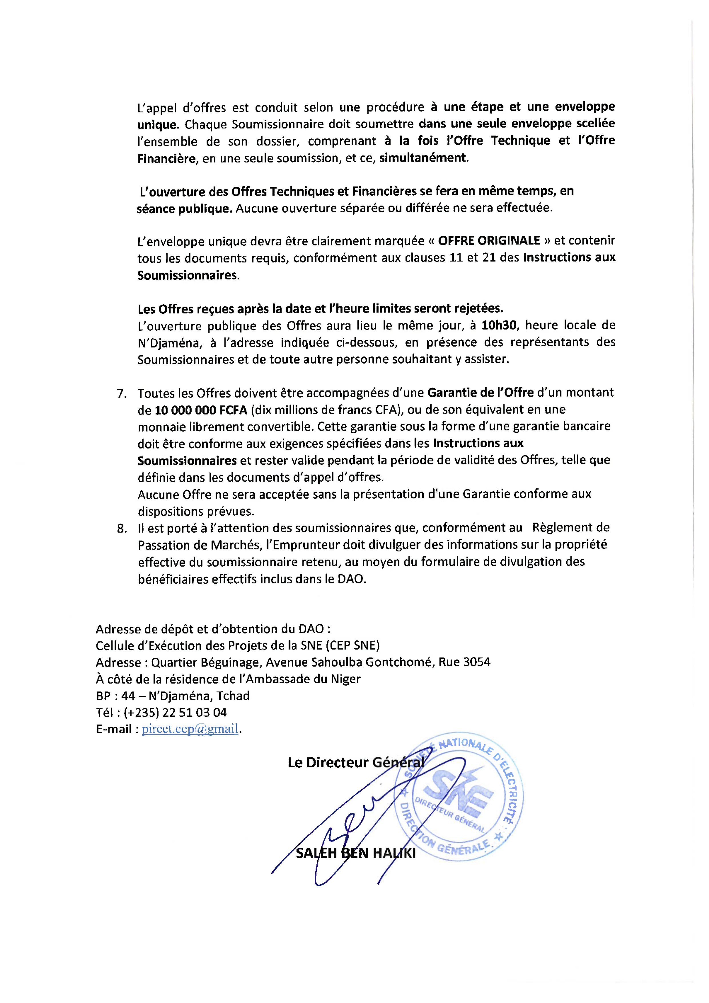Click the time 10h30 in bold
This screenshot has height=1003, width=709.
pyautogui.click(x=499, y=325)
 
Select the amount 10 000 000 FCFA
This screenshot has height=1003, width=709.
pyautogui.click(x=201, y=410)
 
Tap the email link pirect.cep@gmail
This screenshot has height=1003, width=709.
pyautogui.click(x=190, y=729)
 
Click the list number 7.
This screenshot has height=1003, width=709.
pyautogui.click(x=122, y=394)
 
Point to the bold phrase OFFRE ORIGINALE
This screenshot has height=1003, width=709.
pyautogui.click(x=489, y=241)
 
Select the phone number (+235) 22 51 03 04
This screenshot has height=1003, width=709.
pyautogui.click(x=175, y=712)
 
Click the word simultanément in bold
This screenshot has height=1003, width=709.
pyautogui.click(x=422, y=158)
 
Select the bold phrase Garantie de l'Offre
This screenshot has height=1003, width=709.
pyautogui.click(x=480, y=392)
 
